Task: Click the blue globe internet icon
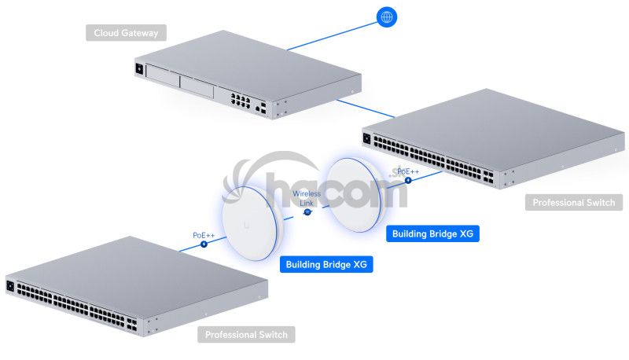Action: (x=386, y=17)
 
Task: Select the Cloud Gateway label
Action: (x=126, y=33)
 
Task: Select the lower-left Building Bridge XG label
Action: (x=327, y=265)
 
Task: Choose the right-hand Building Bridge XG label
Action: (x=433, y=233)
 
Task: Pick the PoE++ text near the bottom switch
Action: (x=204, y=235)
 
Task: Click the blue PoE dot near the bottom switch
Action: (x=204, y=244)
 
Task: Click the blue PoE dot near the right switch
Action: (x=407, y=180)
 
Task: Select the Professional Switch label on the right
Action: (x=573, y=203)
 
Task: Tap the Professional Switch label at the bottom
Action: (x=246, y=335)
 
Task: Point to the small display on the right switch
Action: (x=367, y=139)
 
